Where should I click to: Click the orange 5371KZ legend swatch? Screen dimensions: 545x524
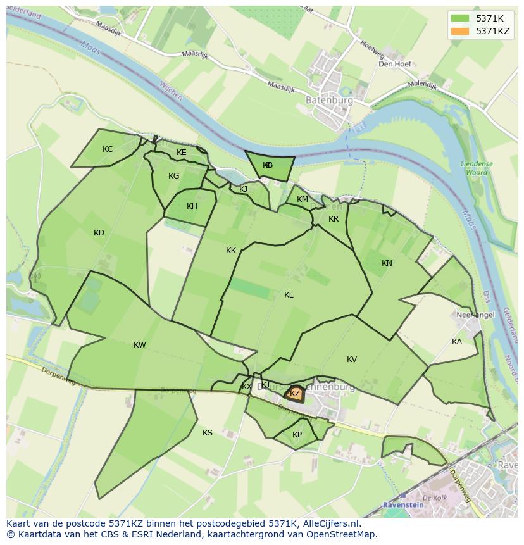pos(460,31)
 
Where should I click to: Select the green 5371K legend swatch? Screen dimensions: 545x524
pos(460,18)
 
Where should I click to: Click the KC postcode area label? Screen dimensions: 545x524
pos(108,149)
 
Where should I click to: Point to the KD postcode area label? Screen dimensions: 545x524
pos(99,233)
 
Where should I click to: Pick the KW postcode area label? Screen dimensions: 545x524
pos(140,345)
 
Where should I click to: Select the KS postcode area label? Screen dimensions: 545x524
pos(208,433)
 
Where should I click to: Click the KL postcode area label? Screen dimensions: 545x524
pos(289,295)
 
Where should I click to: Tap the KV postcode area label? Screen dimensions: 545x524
pos(352,360)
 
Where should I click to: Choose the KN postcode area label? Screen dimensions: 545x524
pos(387,263)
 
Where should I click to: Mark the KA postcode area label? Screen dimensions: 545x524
pos(457,342)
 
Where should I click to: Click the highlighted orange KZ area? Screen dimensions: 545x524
pos(294,394)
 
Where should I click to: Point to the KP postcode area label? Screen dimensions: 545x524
pos(297,435)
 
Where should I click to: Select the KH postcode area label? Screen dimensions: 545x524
pos(192,206)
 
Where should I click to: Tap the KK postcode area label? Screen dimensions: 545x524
pos(231,251)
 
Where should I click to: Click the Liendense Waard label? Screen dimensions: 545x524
pos(477,168)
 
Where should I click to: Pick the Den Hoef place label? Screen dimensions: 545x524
pos(395,64)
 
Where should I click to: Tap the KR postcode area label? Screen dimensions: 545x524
pos(334,219)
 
